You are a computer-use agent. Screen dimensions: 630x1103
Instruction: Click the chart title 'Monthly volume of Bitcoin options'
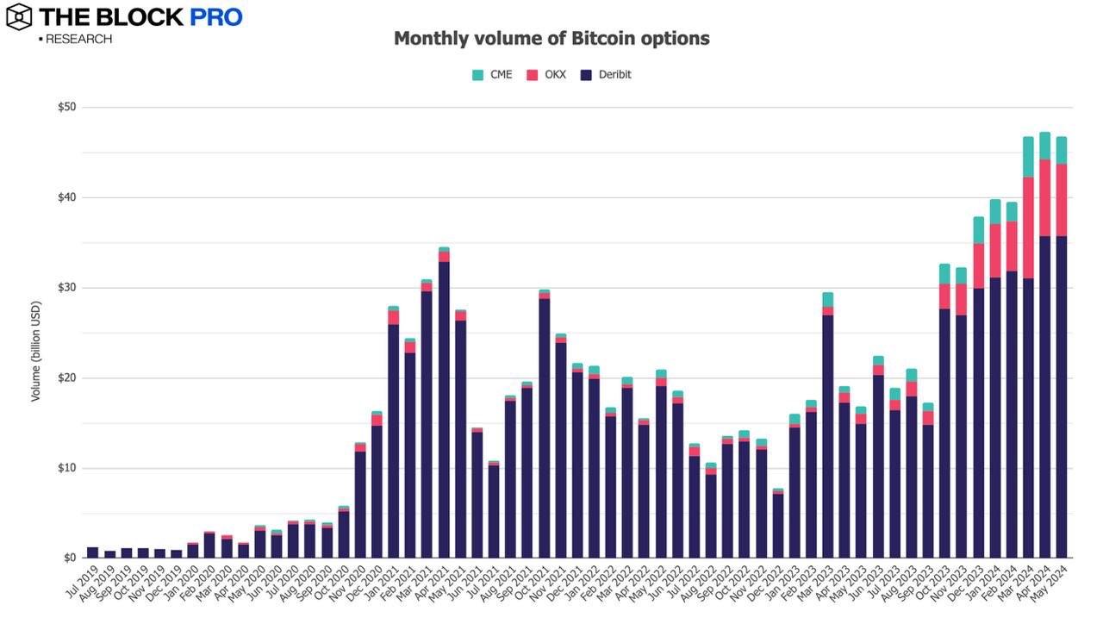pos(551,39)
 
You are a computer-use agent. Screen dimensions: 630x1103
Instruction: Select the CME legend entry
pos(492,75)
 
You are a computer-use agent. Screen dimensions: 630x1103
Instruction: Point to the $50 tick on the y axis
pos(66,107)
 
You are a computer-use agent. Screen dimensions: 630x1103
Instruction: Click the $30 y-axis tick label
pos(66,287)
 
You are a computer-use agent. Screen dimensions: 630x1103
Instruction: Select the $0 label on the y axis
pos(69,558)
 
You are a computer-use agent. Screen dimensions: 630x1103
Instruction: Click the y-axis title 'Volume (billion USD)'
pos(36,351)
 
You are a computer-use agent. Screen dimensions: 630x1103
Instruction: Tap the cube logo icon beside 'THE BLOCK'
pos(18,16)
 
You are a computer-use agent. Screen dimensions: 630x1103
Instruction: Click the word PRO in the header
pos(216,16)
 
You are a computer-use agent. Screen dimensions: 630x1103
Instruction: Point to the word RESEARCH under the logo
pos(78,39)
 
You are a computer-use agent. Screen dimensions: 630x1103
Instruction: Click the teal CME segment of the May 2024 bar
pos(1062,150)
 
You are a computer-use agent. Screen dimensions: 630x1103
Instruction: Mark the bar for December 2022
pos(777,526)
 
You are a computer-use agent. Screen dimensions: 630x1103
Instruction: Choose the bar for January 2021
pos(394,440)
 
